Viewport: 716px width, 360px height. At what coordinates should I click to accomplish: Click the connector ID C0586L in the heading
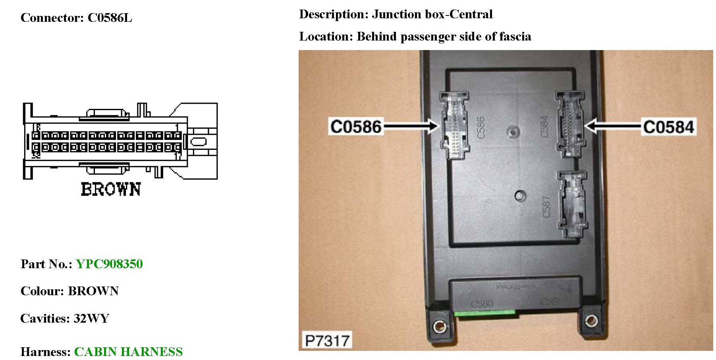(x=110, y=18)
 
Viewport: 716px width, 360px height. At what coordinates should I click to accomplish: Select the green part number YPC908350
(x=109, y=264)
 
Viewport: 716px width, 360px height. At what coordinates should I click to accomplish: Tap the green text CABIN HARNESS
(x=128, y=352)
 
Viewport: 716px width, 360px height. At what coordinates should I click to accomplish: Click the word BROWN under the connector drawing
(x=111, y=190)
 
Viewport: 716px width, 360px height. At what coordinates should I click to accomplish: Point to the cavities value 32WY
(x=91, y=319)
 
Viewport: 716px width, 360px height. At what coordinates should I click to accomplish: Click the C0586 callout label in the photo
(x=356, y=127)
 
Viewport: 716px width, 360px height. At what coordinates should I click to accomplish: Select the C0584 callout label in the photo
(x=668, y=127)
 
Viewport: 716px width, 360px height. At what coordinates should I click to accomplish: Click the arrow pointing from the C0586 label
(x=411, y=127)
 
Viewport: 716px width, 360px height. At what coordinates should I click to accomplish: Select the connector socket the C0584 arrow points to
(x=570, y=124)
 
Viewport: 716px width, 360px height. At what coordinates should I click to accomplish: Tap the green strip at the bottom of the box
(x=484, y=313)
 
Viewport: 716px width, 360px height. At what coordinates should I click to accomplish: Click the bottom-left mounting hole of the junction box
(x=439, y=327)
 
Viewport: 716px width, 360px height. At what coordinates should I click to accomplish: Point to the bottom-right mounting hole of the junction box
(x=591, y=320)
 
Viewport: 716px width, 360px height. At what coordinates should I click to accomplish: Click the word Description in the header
(x=334, y=14)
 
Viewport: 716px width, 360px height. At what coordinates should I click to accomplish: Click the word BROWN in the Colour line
(x=93, y=291)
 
